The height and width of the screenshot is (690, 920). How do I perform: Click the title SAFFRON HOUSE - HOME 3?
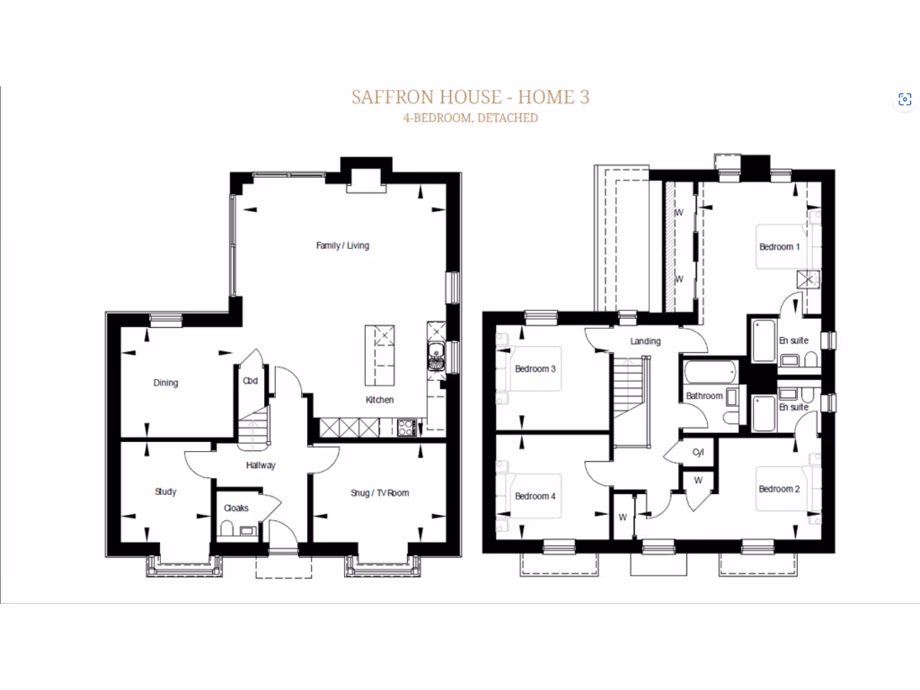point(471,97)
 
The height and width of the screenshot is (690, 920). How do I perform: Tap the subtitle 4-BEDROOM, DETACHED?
point(471,118)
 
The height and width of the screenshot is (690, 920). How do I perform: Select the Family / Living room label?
point(342,245)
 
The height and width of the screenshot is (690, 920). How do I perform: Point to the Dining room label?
point(165,383)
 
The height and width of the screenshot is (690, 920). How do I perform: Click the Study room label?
point(165,491)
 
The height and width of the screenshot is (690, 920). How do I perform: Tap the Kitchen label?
point(379,400)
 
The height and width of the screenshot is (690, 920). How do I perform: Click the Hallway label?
point(261,465)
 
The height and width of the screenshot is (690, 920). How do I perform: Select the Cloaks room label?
point(236,509)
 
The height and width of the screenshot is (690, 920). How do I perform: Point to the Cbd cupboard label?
point(251,381)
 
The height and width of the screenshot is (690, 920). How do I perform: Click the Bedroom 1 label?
point(779,247)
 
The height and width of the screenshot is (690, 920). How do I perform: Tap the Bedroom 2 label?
point(778,489)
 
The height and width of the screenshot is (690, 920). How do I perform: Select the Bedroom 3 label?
point(535,369)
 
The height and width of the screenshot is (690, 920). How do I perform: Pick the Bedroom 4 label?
point(535,496)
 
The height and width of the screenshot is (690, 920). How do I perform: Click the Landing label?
point(645,341)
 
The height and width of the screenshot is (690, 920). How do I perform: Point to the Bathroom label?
point(703,396)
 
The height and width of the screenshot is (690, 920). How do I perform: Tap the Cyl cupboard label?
point(697,452)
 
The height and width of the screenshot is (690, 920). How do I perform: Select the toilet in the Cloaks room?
point(227,529)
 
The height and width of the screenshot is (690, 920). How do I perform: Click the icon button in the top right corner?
point(904,100)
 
